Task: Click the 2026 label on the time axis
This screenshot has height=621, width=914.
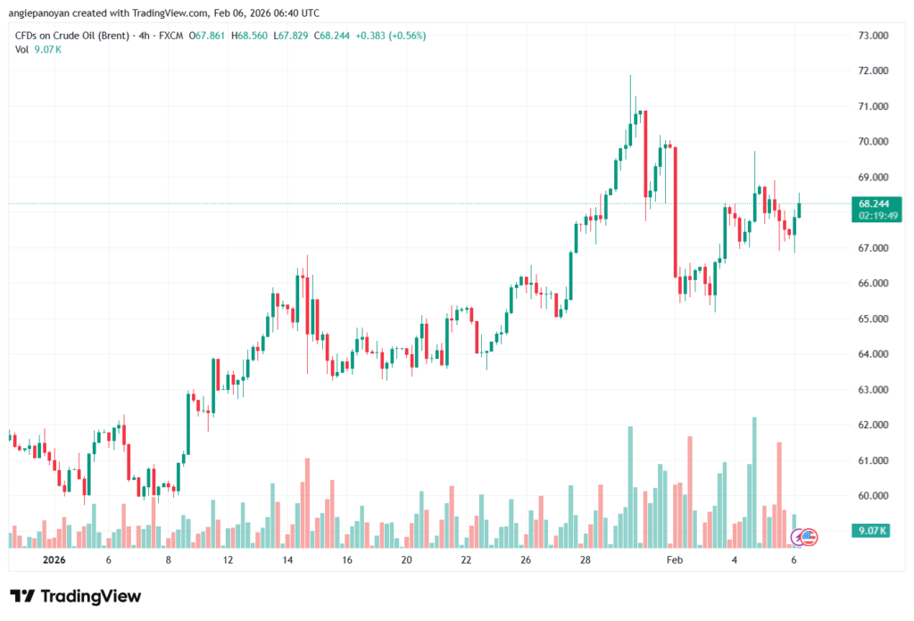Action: [41, 560]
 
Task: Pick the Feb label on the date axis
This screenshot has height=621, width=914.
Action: [676, 560]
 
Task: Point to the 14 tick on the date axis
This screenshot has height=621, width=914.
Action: [288, 560]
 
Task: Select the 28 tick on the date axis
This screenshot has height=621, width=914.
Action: [585, 560]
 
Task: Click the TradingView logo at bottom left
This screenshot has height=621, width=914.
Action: [75, 596]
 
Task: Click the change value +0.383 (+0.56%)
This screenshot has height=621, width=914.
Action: [391, 36]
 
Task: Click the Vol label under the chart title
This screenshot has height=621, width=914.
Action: [22, 50]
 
